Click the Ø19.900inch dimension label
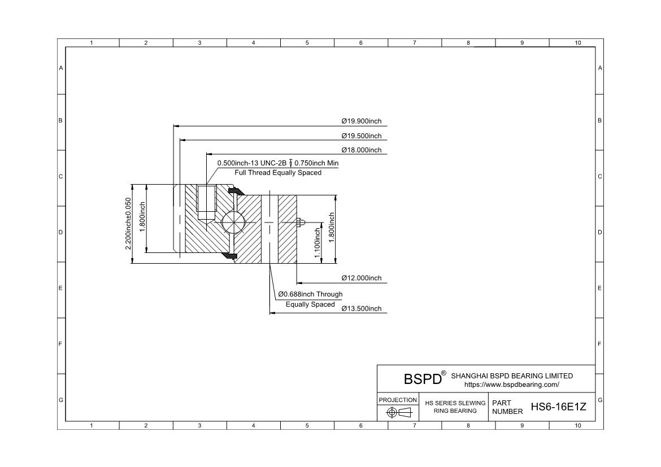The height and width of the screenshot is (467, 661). coord(361,121)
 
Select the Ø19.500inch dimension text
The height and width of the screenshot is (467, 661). coord(361,136)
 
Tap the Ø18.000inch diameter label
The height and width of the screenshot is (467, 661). coord(361,150)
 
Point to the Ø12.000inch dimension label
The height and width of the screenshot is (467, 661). coord(361,278)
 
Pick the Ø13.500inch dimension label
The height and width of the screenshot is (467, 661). coord(361,308)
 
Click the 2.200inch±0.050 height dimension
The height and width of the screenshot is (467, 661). coord(128,224)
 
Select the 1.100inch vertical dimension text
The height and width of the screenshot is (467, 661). coord(318,243)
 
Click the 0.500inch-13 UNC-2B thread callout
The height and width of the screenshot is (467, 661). coord(251,163)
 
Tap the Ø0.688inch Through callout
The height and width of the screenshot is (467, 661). coord(310,294)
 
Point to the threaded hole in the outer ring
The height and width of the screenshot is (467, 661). coord(206,203)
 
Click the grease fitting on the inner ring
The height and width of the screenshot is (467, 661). coord(300,222)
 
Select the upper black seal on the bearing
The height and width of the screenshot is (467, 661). coord(236,191)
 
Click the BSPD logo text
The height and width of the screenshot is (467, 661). coord(423,378)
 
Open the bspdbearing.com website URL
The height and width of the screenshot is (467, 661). coord(512,385)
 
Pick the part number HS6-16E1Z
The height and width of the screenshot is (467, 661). coord(558,407)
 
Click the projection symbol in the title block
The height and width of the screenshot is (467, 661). coord(399,412)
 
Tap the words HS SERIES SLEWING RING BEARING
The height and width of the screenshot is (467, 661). coord(455,407)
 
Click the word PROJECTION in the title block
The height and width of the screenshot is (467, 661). coord(398,400)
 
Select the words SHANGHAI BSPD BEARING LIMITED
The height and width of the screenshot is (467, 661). coord(512,376)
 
